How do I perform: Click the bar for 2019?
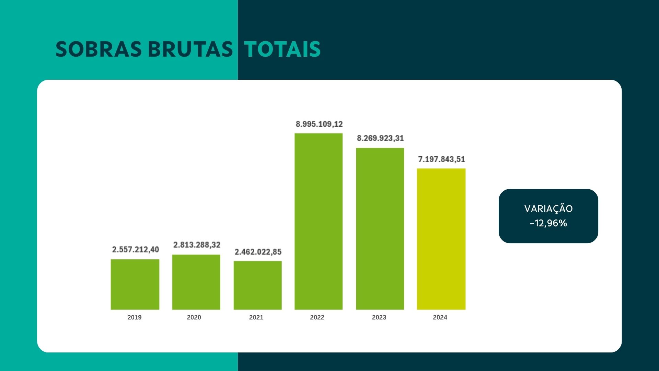135,284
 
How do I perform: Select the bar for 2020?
196,282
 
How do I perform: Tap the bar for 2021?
257,285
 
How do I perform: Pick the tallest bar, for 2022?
319,222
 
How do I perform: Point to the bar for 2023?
380,229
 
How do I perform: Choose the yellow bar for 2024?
441,239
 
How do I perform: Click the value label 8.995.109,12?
319,124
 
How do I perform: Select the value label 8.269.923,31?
380,138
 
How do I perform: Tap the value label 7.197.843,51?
441,159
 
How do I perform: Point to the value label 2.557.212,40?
136,249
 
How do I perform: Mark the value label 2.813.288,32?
197,245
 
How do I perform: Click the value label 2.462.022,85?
258,252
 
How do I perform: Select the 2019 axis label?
135,317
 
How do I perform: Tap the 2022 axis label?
317,317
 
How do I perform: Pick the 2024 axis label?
440,317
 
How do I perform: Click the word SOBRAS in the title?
99,49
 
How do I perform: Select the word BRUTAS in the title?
190,49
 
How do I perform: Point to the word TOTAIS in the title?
282,49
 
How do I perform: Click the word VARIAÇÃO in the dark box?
548,209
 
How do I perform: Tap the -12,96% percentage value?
548,223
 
